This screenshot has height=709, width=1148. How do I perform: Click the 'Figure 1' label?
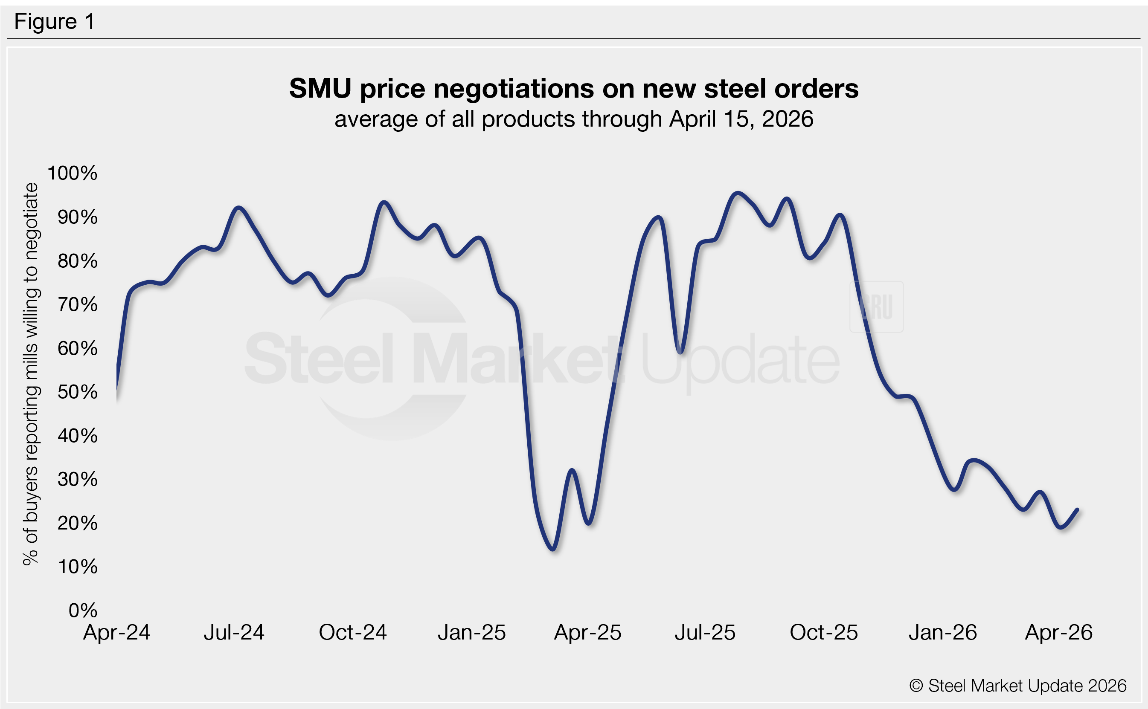tap(55, 22)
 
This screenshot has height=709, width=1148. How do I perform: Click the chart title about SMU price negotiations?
tap(573, 89)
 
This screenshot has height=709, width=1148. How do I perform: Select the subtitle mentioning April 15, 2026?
tap(573, 119)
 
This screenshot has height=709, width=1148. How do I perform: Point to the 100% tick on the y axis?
tap(72, 173)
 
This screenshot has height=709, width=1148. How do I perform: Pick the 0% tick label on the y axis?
tap(83, 611)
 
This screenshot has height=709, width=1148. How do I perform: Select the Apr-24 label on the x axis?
tap(116, 633)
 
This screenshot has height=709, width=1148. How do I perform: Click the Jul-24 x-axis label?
tap(234, 633)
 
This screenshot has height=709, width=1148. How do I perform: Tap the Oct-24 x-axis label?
tap(352, 633)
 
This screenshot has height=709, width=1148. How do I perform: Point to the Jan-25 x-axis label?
tap(471, 633)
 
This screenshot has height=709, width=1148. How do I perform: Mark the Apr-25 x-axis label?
tap(587, 633)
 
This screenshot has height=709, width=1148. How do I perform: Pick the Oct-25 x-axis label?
tap(823, 633)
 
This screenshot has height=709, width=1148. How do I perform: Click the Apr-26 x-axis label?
tap(1058, 633)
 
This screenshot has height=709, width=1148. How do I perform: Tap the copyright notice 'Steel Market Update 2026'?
tap(1017, 686)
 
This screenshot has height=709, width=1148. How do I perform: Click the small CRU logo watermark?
tap(876, 307)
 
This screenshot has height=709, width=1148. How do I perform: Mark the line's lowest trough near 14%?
tap(554, 549)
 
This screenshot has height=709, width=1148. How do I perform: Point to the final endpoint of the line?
tap(1077, 510)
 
